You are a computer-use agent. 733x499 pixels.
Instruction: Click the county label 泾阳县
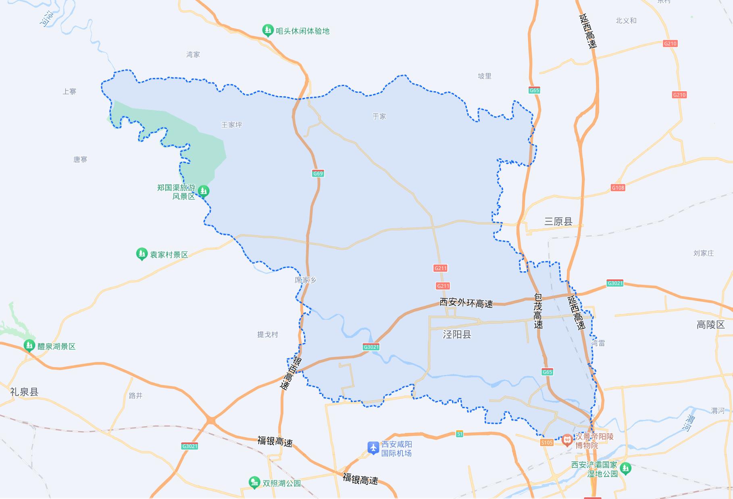coord(457,334)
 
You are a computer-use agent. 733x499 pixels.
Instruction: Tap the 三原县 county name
coord(558,221)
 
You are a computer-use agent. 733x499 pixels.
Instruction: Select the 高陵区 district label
coord(710,325)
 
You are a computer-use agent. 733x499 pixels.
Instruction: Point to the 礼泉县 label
coord(24,392)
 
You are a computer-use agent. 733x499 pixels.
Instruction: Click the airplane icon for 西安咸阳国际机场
coord(373,447)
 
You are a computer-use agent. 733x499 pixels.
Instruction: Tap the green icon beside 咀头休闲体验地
coord(268,30)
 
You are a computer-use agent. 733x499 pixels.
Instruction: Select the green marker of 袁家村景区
coord(142,254)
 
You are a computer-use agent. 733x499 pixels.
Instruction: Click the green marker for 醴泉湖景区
coord(29,346)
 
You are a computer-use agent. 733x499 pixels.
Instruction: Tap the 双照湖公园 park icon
coord(254,482)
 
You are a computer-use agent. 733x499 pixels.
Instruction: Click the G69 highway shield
coord(318,174)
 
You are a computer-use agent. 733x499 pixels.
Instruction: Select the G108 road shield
coord(618,188)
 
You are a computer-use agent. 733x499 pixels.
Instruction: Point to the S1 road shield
coord(459,434)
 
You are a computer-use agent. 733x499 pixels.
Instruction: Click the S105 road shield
coord(547,443)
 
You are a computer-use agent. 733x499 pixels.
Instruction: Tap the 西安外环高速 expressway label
coord(466,303)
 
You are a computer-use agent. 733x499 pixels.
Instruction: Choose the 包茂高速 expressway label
coord(538,311)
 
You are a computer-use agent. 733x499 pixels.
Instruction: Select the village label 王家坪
coord(231,125)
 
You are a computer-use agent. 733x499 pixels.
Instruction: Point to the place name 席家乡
coord(305,280)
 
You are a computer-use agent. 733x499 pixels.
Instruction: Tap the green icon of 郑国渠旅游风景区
coord(204,191)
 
